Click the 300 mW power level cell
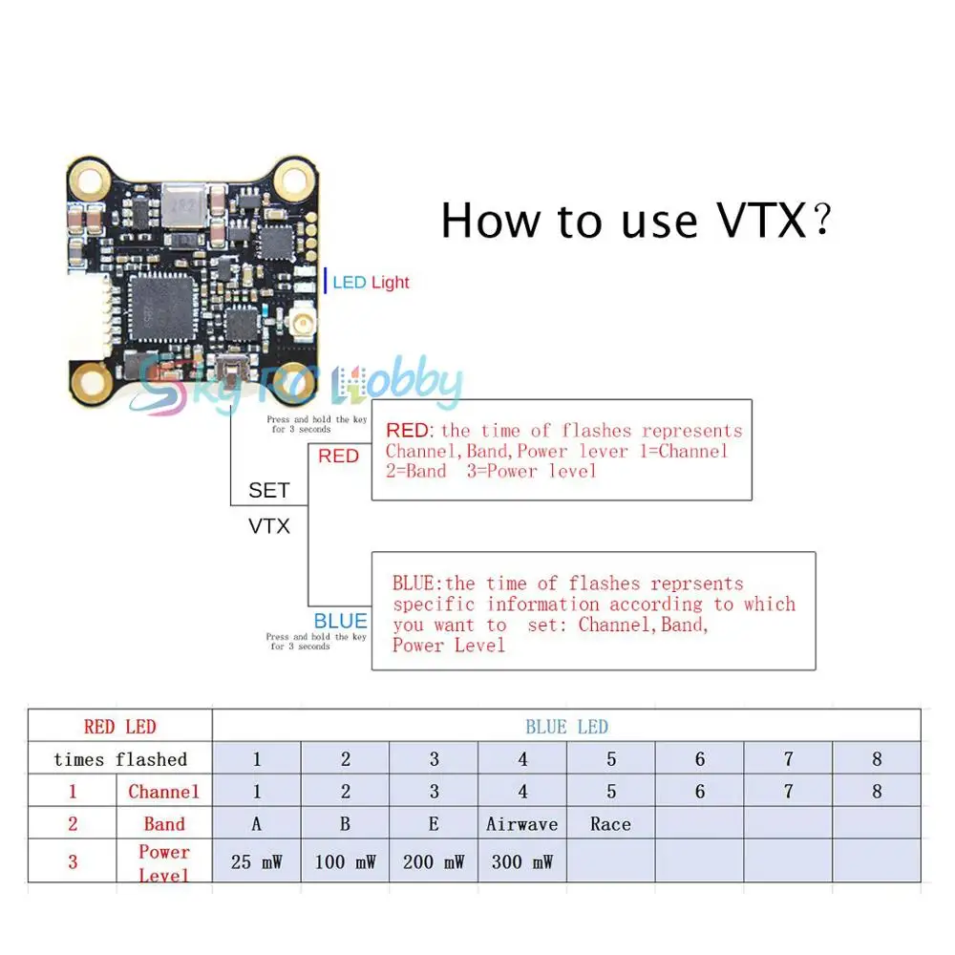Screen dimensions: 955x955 coord(522,862)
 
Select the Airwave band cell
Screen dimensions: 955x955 coord(522,824)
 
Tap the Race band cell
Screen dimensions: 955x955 coord(610,824)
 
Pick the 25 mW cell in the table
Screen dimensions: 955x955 coord(257,862)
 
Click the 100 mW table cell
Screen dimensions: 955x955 coord(345,862)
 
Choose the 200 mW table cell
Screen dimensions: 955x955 coord(434,862)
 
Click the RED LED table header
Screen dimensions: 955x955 coord(119,727)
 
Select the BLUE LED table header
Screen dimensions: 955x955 coord(566,727)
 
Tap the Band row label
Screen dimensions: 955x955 coord(164,824)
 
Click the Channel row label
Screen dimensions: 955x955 coord(164,792)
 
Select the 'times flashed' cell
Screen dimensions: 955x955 coord(120,760)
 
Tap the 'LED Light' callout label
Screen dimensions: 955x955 coord(371,282)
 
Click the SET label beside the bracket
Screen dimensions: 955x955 coord(268,491)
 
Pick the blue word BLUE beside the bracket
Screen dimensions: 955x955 coord(340,622)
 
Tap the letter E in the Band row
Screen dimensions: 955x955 coord(435,824)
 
